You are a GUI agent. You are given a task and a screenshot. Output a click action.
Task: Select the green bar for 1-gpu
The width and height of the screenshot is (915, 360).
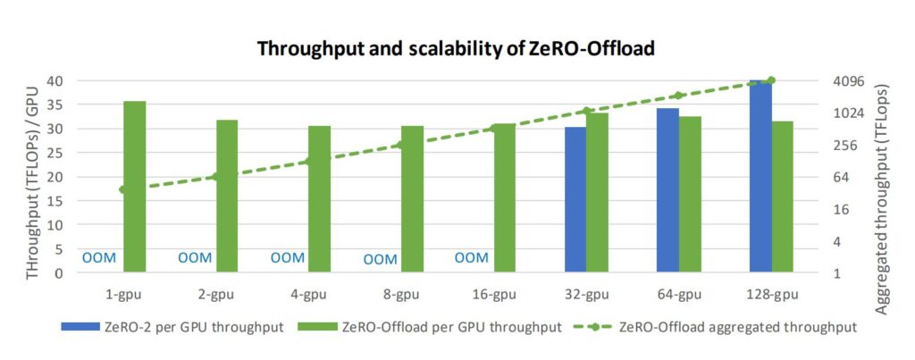135,187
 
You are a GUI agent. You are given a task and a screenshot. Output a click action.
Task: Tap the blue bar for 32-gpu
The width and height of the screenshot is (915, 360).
575,200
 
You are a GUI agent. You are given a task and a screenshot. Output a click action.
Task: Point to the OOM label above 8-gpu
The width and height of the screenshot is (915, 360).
380,260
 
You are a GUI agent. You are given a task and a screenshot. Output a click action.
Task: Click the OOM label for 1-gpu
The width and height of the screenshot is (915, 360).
99,258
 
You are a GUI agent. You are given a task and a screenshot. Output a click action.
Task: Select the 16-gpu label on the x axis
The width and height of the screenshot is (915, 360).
493,294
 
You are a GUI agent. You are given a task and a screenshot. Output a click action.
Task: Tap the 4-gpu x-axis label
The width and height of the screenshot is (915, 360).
308,294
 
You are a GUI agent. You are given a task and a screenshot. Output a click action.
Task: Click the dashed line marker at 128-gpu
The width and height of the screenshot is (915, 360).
771,81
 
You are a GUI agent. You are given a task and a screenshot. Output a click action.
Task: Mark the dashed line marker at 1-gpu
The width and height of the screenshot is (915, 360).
123,189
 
